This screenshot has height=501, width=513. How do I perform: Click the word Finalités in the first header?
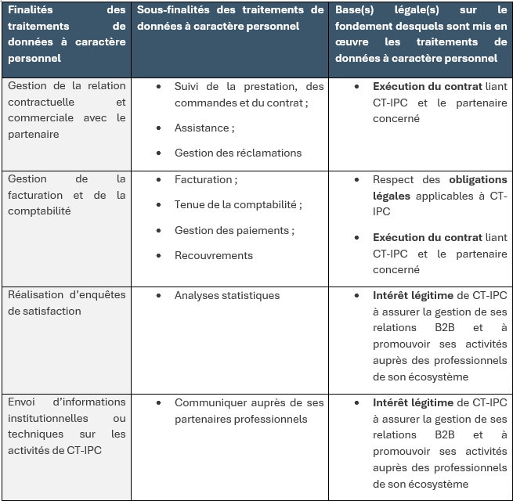click(31, 10)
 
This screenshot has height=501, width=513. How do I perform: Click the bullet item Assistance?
click(203, 128)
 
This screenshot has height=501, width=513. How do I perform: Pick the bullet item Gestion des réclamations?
click(238, 153)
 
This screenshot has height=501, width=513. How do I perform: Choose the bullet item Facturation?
click(204, 179)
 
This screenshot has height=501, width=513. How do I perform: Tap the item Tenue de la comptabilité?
click(237, 204)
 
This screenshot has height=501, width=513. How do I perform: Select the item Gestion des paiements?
click(233, 230)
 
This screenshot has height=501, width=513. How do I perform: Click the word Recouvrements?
click(214, 255)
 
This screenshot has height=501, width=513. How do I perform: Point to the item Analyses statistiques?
click(227, 295)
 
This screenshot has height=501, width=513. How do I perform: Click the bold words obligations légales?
click(476, 179)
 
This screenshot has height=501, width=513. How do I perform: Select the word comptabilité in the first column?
click(39, 211)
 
